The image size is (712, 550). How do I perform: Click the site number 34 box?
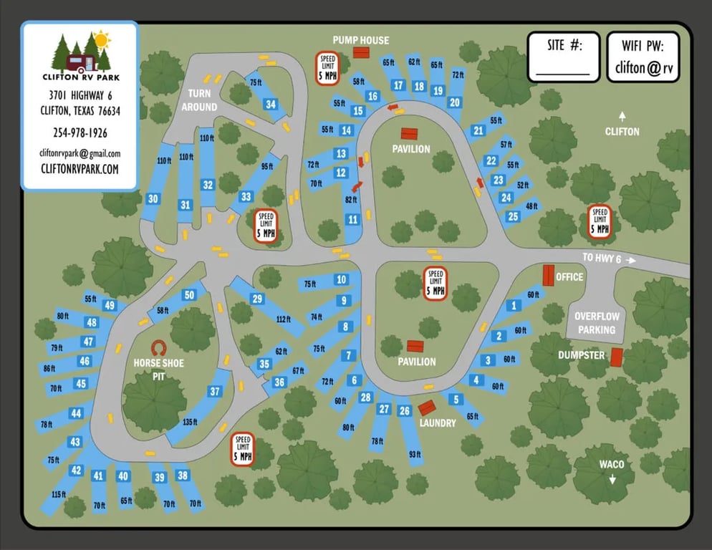[271, 105]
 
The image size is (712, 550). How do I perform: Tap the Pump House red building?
[360, 53]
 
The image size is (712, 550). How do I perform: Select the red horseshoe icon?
[158, 347]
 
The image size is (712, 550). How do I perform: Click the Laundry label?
[438, 423]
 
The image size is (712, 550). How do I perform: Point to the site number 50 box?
[189, 294]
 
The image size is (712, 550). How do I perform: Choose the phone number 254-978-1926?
[80, 132]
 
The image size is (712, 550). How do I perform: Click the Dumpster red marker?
[616, 357]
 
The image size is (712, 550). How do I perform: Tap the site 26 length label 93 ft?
[415, 455]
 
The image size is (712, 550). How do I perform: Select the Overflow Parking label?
[597, 323]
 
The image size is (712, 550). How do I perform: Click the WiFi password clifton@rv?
[643, 69]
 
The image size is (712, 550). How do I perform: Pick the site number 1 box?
[513, 306]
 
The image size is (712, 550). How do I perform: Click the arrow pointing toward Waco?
[612, 478]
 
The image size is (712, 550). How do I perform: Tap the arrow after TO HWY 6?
[630, 260]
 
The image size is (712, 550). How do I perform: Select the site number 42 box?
[77, 471]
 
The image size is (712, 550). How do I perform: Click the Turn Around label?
[198, 100]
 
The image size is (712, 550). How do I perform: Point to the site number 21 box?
[478, 130]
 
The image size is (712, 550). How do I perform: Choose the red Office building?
[549, 275]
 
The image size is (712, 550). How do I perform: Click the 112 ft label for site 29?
[283, 319]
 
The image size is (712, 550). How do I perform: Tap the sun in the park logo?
[102, 39]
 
